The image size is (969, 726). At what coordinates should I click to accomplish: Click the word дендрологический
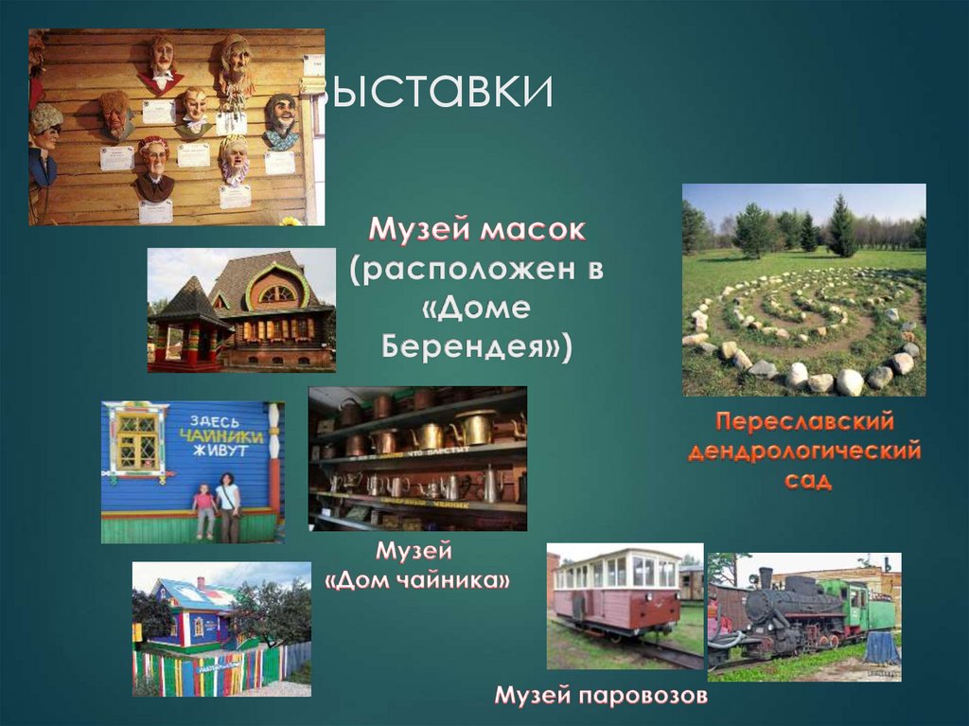[803, 452]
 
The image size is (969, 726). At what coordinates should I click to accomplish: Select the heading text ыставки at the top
[437, 93]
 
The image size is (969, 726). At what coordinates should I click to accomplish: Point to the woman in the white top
[228, 506]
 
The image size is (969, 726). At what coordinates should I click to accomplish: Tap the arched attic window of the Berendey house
[277, 293]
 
